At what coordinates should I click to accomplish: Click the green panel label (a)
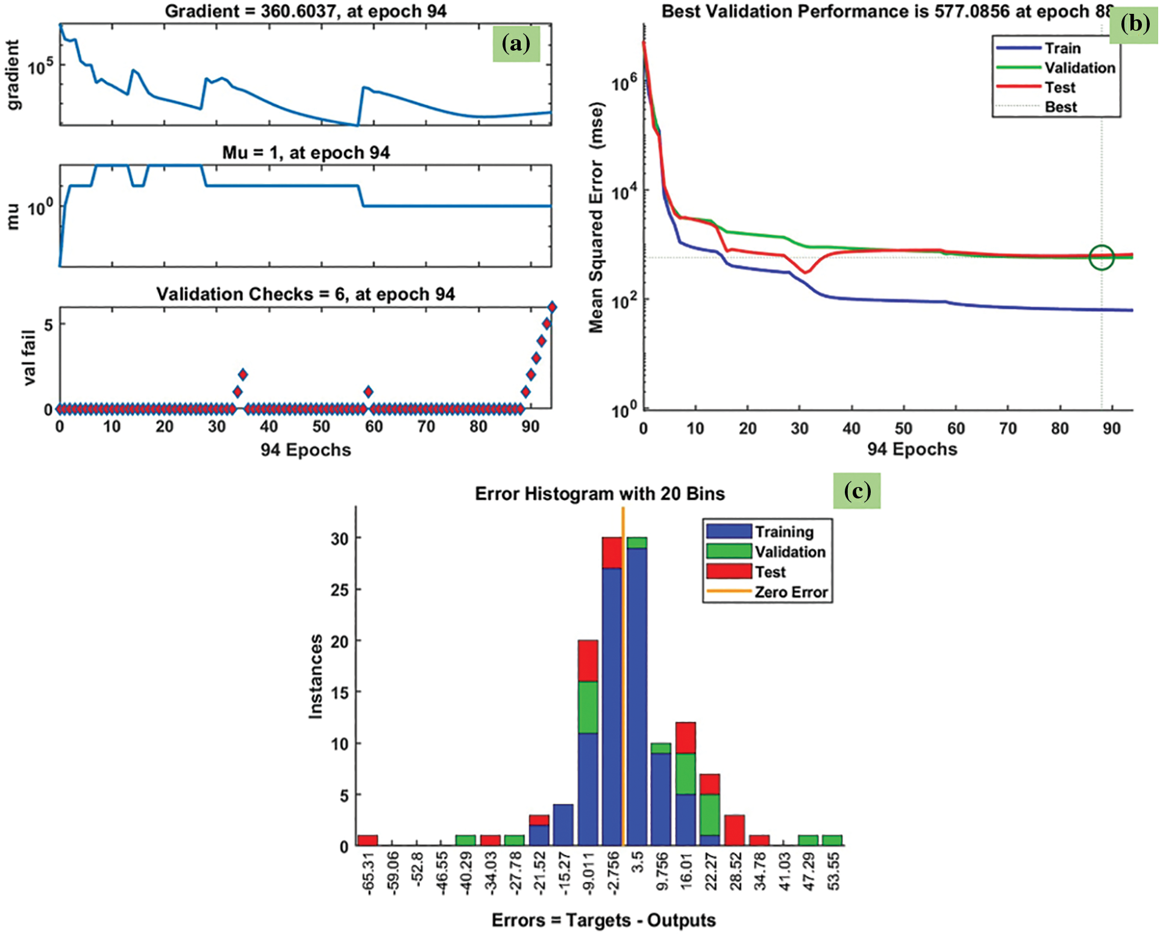point(516,44)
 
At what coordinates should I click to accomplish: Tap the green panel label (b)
point(1134,24)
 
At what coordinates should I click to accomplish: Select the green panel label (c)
point(856,491)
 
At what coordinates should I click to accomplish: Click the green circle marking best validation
point(1102,257)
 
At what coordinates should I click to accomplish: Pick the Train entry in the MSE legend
point(1062,48)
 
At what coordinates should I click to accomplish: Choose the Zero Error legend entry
point(791,592)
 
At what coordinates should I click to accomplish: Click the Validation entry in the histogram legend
point(789,552)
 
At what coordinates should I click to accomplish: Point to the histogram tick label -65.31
point(368,870)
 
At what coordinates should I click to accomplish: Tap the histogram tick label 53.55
point(833,870)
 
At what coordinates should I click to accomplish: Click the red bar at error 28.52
point(735,831)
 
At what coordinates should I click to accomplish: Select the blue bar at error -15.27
point(563,824)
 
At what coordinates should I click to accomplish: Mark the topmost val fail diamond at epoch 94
point(552,307)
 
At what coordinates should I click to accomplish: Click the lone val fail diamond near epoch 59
point(368,392)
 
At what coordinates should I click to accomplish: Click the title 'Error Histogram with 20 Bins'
point(600,494)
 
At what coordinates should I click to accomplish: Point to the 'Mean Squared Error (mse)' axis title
point(596,218)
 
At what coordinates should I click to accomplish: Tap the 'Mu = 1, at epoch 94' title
point(306,152)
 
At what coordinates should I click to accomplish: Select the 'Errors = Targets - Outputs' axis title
point(603,920)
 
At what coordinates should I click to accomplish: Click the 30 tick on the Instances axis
point(339,538)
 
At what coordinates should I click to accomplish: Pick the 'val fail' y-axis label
point(29,358)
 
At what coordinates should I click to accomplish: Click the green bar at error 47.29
point(808,840)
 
